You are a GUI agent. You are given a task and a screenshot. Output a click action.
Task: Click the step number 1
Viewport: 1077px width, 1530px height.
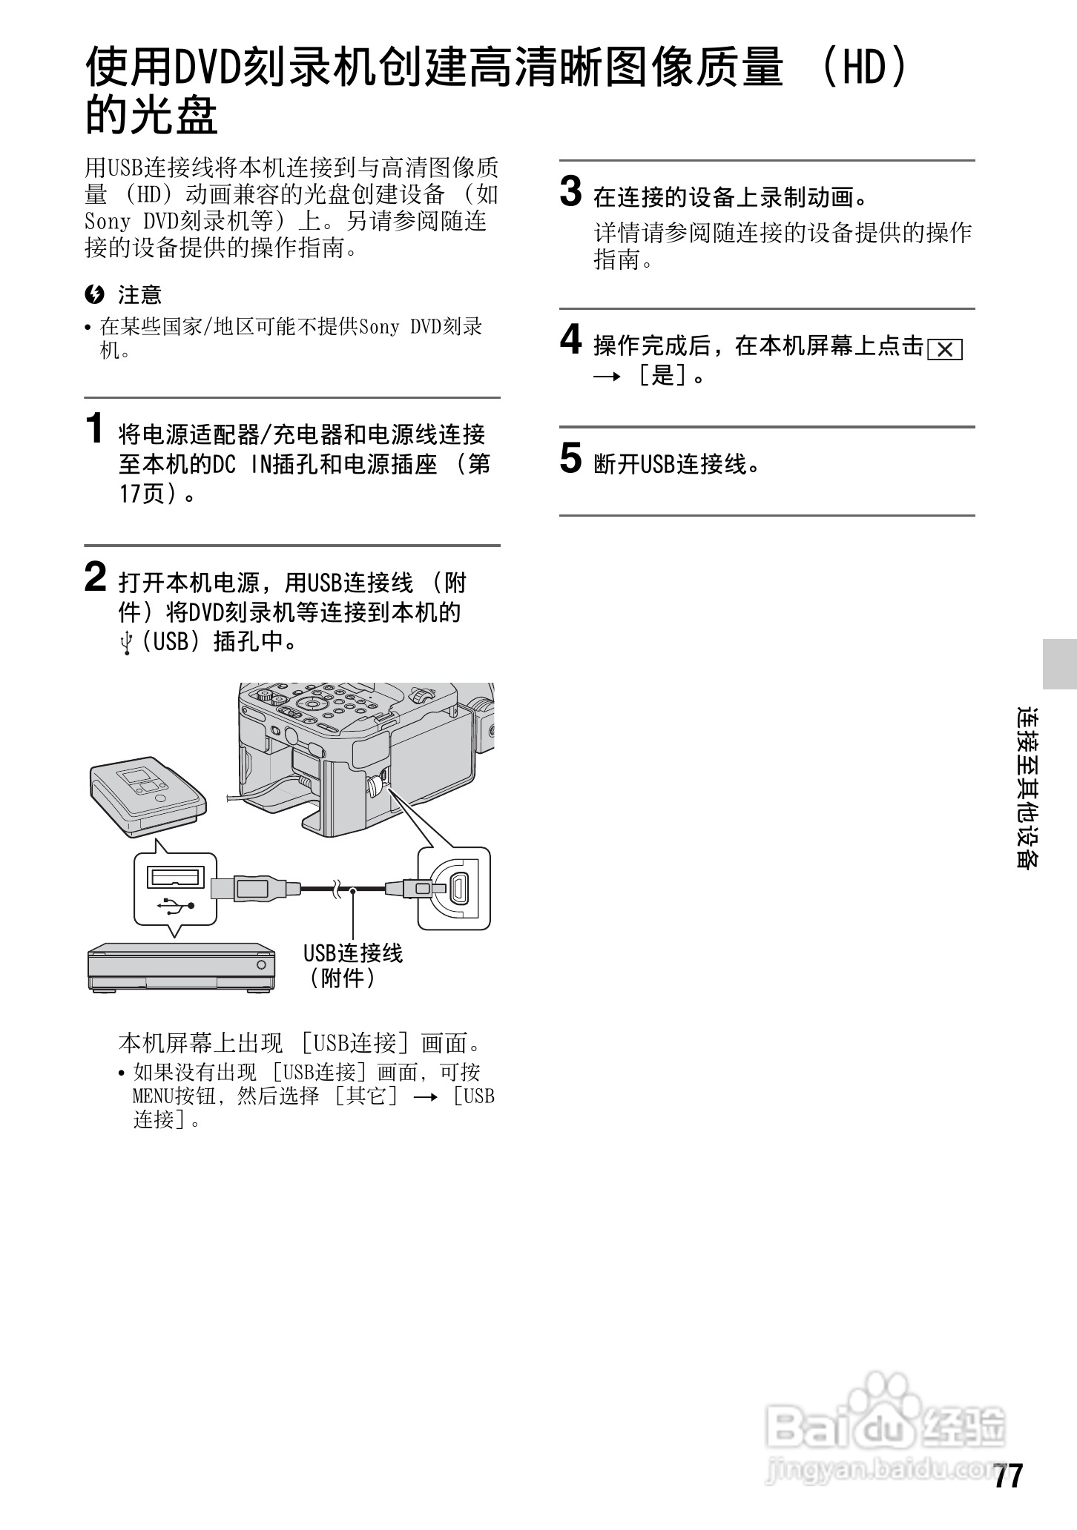(94, 429)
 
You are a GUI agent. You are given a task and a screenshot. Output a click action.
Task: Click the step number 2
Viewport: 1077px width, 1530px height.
(95, 577)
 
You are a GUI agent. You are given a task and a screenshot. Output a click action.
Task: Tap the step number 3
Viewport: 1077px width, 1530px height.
(570, 192)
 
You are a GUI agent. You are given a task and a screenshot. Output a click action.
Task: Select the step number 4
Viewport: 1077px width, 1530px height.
(570, 340)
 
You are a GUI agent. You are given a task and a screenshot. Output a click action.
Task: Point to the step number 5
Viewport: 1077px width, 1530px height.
(570, 458)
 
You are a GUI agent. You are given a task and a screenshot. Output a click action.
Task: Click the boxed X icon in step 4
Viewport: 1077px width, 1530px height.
(944, 349)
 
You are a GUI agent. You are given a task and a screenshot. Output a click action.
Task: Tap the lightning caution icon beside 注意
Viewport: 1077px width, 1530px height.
(94, 295)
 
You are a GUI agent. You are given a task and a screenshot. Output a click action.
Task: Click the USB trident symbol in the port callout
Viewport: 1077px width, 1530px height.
(177, 905)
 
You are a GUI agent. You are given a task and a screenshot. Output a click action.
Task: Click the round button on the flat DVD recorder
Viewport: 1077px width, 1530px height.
(261, 964)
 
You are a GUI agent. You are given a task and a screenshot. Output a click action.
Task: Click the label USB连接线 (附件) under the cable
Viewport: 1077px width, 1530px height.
(352, 966)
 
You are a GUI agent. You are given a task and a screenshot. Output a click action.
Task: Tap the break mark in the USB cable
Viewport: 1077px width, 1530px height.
(337, 888)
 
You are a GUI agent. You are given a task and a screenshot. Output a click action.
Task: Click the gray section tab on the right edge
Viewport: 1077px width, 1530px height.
(1059, 663)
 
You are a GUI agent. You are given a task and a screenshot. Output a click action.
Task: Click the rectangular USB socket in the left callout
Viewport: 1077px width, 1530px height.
(176, 877)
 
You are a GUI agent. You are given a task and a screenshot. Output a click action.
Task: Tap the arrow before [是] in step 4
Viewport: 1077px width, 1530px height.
(606, 377)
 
